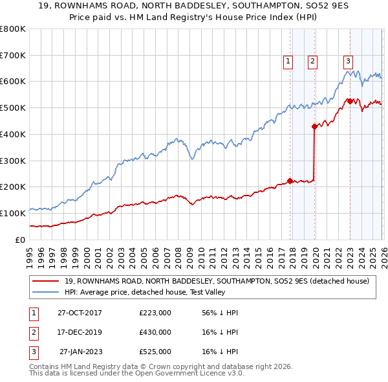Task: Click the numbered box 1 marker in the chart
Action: [x=287, y=62]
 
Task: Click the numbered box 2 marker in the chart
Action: [x=312, y=62]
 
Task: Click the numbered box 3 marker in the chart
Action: [x=348, y=62]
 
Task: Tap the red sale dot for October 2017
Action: [x=290, y=181]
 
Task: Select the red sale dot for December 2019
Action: [x=314, y=126]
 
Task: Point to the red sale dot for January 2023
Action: [x=350, y=101]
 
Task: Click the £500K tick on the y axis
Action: [x=12, y=107]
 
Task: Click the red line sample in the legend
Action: [x=47, y=281]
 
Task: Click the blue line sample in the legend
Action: [x=47, y=292]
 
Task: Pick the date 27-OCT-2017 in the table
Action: [x=80, y=313]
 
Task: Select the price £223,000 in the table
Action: [x=155, y=313]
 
